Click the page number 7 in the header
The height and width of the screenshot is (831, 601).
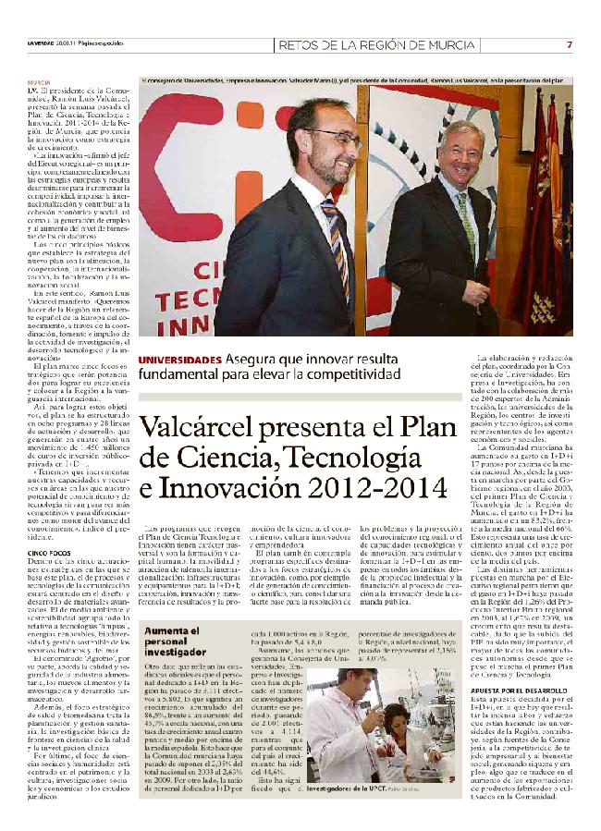point(570,45)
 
